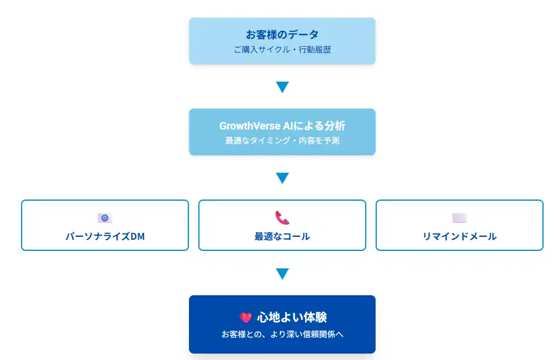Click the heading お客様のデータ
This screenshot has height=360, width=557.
coord(282,34)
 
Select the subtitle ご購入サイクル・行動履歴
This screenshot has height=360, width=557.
coord(282,50)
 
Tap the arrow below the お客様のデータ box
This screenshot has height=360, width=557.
coord(282,87)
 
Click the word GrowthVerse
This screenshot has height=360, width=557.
coord(250,126)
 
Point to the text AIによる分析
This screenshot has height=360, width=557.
coord(314,126)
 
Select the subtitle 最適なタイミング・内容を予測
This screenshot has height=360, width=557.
coord(282,141)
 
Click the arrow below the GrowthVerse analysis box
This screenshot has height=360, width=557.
coord(282,178)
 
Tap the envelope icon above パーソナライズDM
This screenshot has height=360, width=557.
coord(105,218)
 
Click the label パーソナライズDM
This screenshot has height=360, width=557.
coord(105,236)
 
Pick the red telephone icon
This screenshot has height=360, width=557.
coord(282,218)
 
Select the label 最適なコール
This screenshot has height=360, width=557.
coord(282,236)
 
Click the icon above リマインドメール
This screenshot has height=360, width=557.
coord(460,218)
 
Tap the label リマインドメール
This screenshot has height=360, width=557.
coord(460,236)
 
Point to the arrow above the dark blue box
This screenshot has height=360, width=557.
coord(282,274)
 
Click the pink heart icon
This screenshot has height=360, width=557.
coord(246,317)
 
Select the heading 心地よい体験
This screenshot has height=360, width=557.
coord(292,317)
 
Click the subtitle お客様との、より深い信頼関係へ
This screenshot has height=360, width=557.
coord(282,334)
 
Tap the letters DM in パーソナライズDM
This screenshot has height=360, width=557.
coord(138,236)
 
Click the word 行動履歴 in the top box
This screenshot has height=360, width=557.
coord(315,50)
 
